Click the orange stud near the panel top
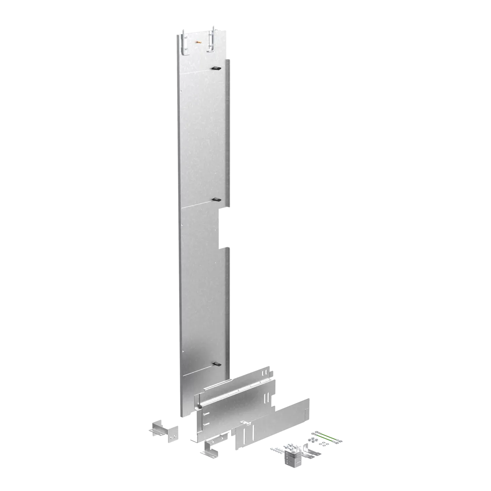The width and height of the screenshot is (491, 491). pos(197,42)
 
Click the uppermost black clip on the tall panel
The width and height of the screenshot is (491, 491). pos(216,68)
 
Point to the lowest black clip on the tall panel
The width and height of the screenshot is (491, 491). pos(216,364)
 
